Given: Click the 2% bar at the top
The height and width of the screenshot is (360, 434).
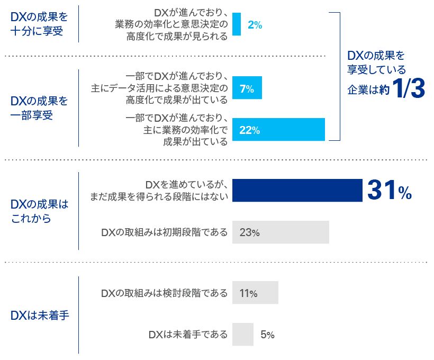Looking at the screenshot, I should point(237,24).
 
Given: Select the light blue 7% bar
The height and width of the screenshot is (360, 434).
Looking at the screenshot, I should point(247,88).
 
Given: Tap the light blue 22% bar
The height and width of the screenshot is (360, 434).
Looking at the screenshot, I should point(278,129).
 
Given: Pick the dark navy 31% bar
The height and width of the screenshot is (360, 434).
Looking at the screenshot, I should point(297,191).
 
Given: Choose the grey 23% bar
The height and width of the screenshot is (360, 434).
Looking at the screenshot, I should point(281,232).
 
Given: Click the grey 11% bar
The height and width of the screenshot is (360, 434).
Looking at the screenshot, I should point(255,293).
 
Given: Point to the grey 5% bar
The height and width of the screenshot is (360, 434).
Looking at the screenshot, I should point(242,334).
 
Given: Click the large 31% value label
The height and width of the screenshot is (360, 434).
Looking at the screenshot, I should point(389,191).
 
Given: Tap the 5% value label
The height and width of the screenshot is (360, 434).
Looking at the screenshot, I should point(267,335).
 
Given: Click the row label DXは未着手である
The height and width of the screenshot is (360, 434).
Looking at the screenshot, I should point(188,335).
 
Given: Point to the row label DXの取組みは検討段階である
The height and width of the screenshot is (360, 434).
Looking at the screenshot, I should point(164,293).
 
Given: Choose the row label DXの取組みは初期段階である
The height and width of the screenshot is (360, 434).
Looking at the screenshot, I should point(164,232).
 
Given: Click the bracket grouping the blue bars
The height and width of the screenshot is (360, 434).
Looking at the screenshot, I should point(337,76).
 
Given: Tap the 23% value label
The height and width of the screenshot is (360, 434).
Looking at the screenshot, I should point(249,232).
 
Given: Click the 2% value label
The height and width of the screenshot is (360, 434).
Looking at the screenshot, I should point(255,25).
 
